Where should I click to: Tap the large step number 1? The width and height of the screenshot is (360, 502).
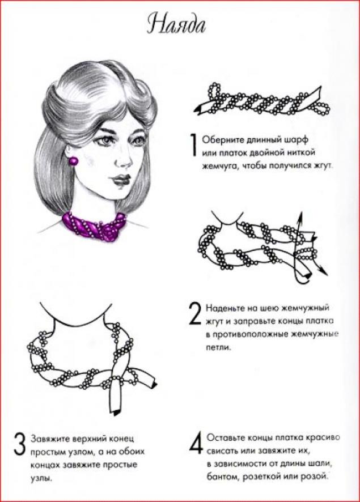coord(193,145)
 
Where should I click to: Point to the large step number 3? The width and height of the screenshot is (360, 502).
coord(19,444)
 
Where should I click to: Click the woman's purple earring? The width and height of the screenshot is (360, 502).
coord(74,160)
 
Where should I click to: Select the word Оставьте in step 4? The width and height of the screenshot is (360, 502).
coord(226,437)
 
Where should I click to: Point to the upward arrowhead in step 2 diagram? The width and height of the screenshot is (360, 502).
coord(300,217)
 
